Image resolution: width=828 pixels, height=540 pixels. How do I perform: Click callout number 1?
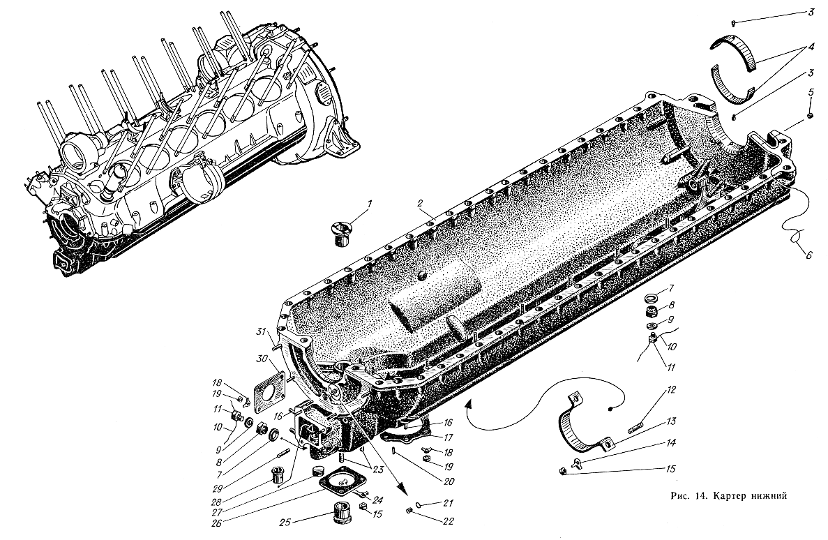pyautogui.click(x=370, y=204)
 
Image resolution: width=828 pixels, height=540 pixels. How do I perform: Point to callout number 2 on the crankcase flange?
pyautogui.click(x=419, y=203)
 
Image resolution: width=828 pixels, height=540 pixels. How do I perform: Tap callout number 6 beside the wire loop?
pyautogui.click(x=808, y=254)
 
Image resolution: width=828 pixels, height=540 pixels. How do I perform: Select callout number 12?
pyautogui.click(x=670, y=391)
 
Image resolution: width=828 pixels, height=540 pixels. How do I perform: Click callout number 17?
pyautogui.click(x=448, y=437)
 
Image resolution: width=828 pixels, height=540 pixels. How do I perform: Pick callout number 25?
pyautogui.click(x=286, y=523)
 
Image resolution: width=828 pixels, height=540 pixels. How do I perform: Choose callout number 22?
pyautogui.click(x=448, y=521)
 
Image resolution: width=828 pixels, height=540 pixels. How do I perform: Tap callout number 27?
pyautogui.click(x=218, y=511)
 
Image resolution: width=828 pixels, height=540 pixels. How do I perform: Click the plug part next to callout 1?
pyautogui.click(x=340, y=232)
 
